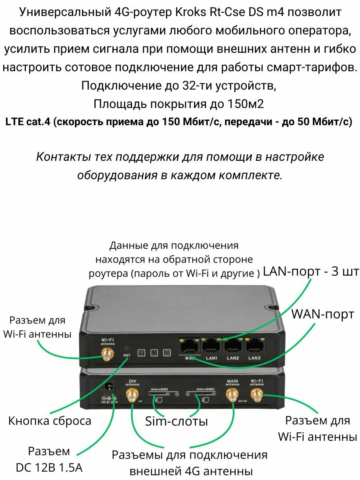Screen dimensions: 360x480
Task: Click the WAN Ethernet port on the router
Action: pos(189,346)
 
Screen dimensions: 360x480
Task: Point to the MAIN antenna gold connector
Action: pos(231,395)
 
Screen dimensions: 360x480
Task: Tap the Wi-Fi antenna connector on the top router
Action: pos(107,354)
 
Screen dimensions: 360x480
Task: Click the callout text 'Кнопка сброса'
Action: pos(50,421)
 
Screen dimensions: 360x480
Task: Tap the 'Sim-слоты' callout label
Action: pos(176,421)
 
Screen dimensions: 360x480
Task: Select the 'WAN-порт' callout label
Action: pos(322,314)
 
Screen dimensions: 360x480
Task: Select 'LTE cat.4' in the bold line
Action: pos(28,122)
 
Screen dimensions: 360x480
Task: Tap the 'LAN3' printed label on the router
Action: pos(254,358)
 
